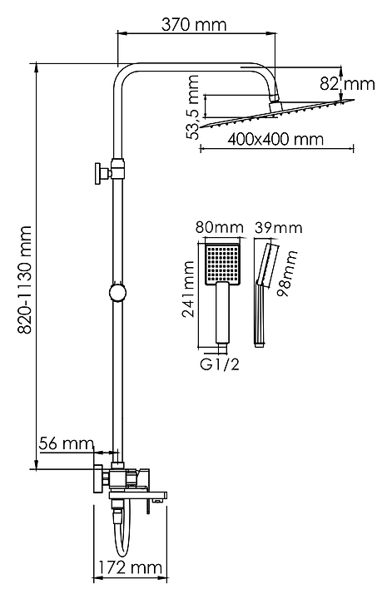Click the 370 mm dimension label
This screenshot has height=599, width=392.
pyautogui.click(x=194, y=25)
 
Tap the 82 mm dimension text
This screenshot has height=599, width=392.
pyautogui.click(x=347, y=84)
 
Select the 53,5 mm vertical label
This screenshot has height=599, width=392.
pyautogui.click(x=193, y=107)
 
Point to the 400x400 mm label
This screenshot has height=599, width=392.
pyautogui.click(x=275, y=139)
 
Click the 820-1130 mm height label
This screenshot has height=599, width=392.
pyautogui.click(x=26, y=280)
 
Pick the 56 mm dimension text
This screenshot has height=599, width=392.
pyautogui.click(x=67, y=443)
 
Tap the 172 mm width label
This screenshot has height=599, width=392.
pyautogui.click(x=131, y=567)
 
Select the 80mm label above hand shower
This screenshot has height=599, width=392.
pyautogui.click(x=220, y=227)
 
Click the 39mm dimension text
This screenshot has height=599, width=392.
pyautogui.click(x=279, y=228)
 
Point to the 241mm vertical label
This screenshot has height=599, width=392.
pyautogui.click(x=188, y=290)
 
